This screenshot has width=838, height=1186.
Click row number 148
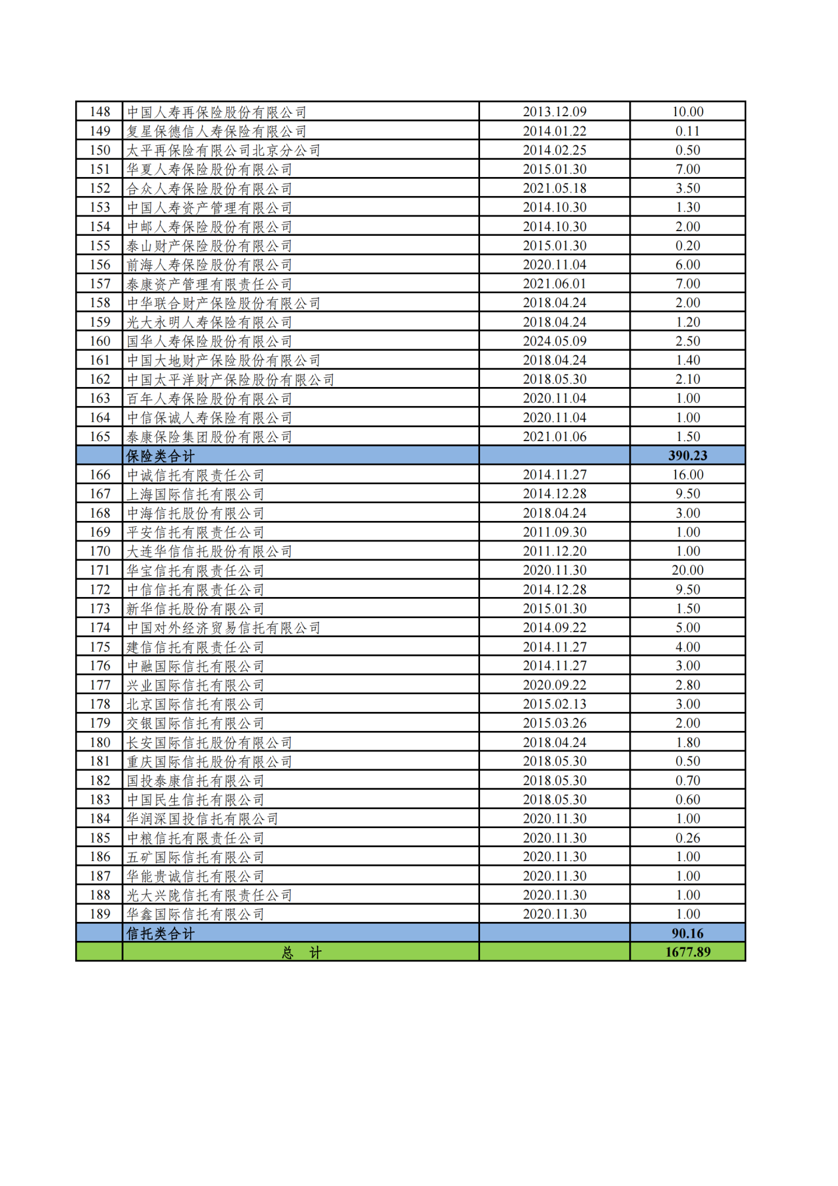[100, 112]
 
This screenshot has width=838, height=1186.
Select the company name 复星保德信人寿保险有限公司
[217, 131]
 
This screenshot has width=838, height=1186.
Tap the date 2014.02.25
[554, 150]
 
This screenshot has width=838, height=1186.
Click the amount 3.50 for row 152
[687, 188]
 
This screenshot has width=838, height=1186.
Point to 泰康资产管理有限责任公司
[209, 284]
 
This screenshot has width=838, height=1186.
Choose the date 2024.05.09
[554, 341]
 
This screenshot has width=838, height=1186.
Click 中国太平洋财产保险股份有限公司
[230, 380]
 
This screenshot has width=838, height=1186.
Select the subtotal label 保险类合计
[160, 456]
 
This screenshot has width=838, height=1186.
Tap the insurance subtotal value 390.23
[687, 456]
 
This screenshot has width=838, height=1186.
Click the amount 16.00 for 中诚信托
[687, 475]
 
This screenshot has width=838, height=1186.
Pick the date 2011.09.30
[554, 532]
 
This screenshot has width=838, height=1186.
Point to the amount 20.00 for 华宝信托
[687, 570]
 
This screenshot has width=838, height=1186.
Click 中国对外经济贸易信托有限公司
[223, 627]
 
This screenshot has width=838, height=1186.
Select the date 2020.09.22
[554, 685]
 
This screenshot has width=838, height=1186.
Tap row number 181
[100, 761]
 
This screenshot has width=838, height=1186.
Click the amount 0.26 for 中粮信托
[687, 838]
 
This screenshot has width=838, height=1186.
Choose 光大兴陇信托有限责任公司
[209, 895]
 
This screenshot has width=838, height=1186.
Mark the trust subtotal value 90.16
[687, 933]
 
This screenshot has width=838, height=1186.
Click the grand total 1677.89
[687, 952]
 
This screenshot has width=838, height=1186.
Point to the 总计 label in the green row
[301, 952]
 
